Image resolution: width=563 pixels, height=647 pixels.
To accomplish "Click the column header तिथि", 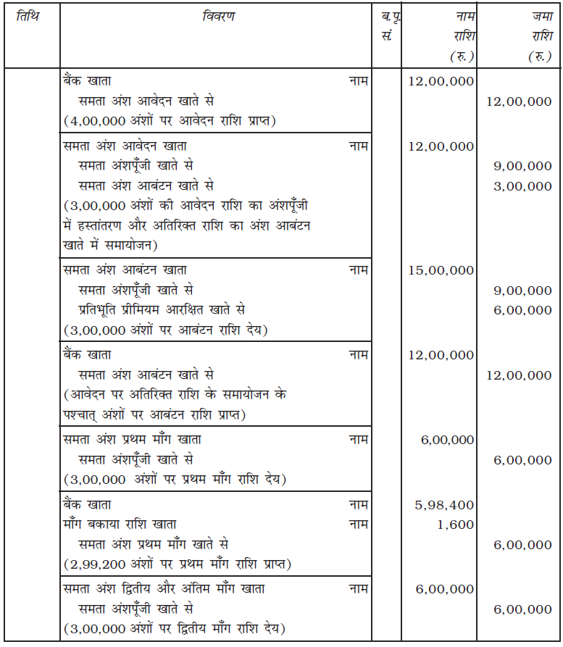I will click(x=27, y=16).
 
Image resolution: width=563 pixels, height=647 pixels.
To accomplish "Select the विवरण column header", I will click(x=218, y=16).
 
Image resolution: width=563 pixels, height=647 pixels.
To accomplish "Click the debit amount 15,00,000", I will click(x=441, y=270).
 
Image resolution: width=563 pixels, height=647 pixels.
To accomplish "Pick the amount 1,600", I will click(x=456, y=525).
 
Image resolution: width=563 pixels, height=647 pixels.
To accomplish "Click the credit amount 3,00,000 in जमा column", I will click(x=522, y=186).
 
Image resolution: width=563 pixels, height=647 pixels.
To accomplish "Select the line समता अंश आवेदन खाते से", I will click(x=146, y=101).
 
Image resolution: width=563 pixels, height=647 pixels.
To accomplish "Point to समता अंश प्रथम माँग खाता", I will click(x=133, y=440).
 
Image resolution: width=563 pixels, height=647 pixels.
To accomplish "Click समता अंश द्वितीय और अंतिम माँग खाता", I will click(x=164, y=589).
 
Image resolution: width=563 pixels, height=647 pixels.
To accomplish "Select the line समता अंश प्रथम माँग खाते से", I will click(x=154, y=544).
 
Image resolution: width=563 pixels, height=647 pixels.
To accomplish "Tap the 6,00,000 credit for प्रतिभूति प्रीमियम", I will click(x=522, y=310).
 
